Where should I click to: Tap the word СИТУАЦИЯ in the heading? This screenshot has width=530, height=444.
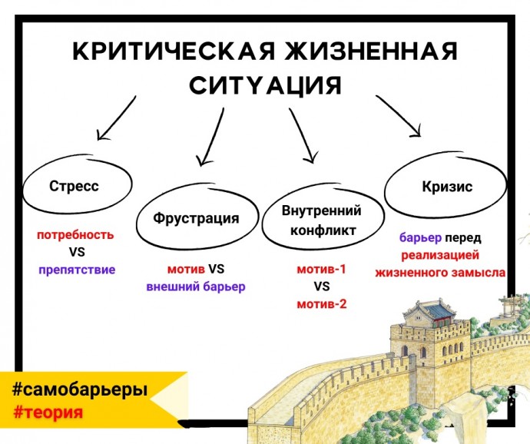click(x=265, y=85)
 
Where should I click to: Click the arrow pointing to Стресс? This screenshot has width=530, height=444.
click(x=117, y=118)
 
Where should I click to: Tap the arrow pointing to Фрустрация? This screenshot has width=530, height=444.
click(x=211, y=137)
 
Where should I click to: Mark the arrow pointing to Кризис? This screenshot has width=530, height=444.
click(x=399, y=116)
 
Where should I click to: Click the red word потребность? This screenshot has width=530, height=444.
click(x=75, y=235)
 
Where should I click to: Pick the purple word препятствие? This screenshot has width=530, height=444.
click(x=77, y=270)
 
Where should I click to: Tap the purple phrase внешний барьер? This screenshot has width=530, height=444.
click(x=196, y=287)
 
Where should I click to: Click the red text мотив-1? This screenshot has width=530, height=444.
click(x=321, y=269)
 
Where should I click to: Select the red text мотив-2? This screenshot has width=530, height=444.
click(x=322, y=304)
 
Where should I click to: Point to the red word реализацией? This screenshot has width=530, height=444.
click(x=440, y=255)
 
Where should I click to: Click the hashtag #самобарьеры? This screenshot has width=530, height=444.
click(x=80, y=389)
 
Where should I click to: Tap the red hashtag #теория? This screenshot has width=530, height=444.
click(x=48, y=413)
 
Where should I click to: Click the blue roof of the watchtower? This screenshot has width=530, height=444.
click(x=436, y=312)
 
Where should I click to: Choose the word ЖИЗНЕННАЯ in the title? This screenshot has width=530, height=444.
click(x=371, y=51)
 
